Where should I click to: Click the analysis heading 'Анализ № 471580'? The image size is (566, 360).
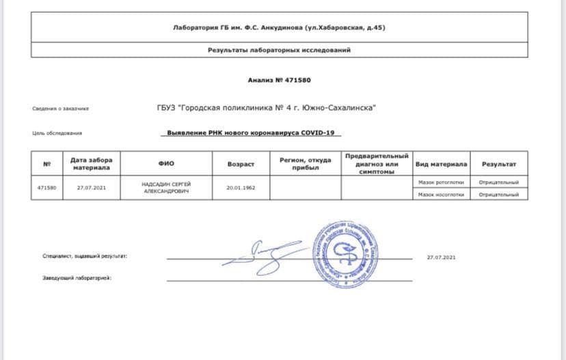click(x=279, y=80)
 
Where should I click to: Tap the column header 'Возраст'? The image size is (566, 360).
click(x=241, y=164)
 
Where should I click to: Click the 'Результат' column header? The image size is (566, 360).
click(x=499, y=164)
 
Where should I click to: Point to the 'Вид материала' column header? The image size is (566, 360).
click(x=441, y=164)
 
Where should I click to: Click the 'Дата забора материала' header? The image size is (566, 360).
click(x=92, y=164)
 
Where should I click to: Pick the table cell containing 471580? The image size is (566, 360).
click(x=47, y=187)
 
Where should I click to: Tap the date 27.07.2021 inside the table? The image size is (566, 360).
click(x=92, y=187)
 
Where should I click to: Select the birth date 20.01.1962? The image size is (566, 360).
click(x=241, y=187)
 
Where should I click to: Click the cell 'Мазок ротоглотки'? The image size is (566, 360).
click(x=441, y=182)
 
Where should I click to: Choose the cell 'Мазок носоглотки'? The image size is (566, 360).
click(x=441, y=195)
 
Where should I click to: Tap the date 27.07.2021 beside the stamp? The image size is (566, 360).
click(x=441, y=258)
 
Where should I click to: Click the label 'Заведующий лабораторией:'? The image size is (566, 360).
click(x=72, y=279)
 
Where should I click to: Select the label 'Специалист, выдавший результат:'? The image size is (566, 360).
click(x=85, y=256)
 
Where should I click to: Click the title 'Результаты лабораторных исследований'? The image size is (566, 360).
click(x=280, y=50)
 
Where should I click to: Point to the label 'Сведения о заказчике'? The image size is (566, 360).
click(x=60, y=109)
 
